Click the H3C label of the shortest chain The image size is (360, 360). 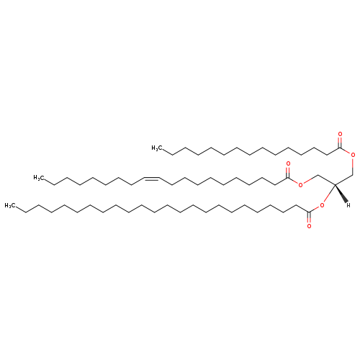157,148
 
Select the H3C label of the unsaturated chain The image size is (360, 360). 39,178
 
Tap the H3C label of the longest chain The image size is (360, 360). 10,205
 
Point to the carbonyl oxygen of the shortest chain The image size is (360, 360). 340,134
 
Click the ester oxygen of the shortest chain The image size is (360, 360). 353,155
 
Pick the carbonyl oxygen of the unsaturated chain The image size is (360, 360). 288,164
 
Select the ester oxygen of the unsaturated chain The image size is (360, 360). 300,185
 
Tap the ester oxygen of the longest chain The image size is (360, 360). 322,205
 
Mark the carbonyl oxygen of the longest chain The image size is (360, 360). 309,226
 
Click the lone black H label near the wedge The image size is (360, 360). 348,205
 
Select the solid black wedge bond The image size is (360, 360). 341,194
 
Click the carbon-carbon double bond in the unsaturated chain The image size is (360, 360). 151,179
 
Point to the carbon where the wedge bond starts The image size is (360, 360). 335,184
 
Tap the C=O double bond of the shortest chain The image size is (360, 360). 340,143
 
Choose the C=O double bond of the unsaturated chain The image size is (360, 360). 288,173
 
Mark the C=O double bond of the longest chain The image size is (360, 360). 309,217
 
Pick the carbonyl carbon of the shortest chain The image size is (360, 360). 340,148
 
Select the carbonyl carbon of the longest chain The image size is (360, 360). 309,212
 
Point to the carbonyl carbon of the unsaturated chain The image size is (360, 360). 288,178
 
